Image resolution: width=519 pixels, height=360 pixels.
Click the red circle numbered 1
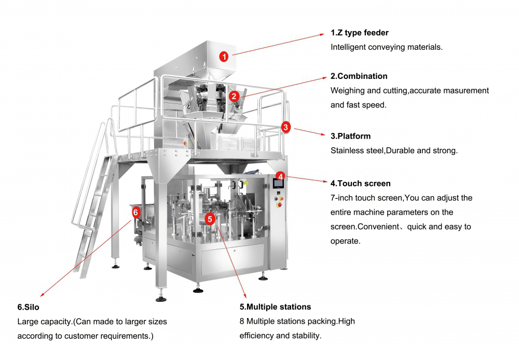click(224, 57)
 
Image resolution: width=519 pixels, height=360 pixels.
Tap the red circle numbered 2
click(234, 96)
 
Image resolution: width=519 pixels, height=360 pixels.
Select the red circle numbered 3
click(286, 127)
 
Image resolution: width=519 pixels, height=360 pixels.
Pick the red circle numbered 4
click(280, 176)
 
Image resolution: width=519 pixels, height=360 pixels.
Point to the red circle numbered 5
click(210, 219)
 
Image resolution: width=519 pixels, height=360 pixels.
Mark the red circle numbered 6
click(135, 212)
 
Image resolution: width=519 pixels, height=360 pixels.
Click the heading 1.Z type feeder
click(359, 33)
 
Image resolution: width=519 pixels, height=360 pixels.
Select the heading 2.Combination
click(359, 76)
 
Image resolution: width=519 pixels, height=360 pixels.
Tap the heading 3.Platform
click(350, 136)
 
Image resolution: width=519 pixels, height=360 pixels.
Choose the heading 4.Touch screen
click(360, 183)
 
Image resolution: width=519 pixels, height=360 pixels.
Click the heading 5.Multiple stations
click(275, 306)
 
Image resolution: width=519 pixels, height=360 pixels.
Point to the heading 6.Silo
click(28, 307)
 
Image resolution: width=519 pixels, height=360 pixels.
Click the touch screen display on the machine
click(278, 183)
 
